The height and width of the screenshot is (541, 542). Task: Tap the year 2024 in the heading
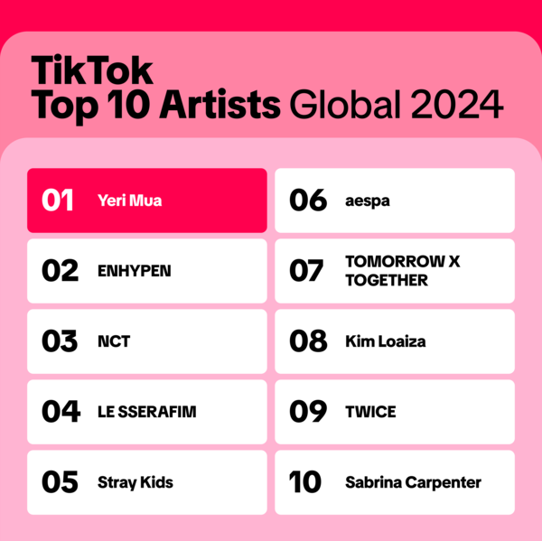(457, 105)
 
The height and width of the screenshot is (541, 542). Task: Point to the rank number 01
(60, 201)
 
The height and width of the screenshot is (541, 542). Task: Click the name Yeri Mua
(129, 201)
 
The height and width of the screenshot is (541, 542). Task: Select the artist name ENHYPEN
(134, 271)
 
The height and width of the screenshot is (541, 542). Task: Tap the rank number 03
(60, 341)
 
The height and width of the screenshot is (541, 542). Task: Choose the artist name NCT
(114, 341)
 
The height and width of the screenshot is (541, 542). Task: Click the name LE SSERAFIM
(146, 412)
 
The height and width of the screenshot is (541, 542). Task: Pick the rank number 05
(60, 482)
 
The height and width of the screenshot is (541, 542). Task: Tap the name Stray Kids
(135, 482)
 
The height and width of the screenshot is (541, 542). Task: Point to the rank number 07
(307, 271)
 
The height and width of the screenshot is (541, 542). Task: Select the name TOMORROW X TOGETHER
(402, 271)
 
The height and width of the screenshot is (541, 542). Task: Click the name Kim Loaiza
(385, 341)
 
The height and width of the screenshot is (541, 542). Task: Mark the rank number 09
(307, 412)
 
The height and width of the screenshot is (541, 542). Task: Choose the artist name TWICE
(370, 412)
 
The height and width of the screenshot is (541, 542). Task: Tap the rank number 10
(306, 482)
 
